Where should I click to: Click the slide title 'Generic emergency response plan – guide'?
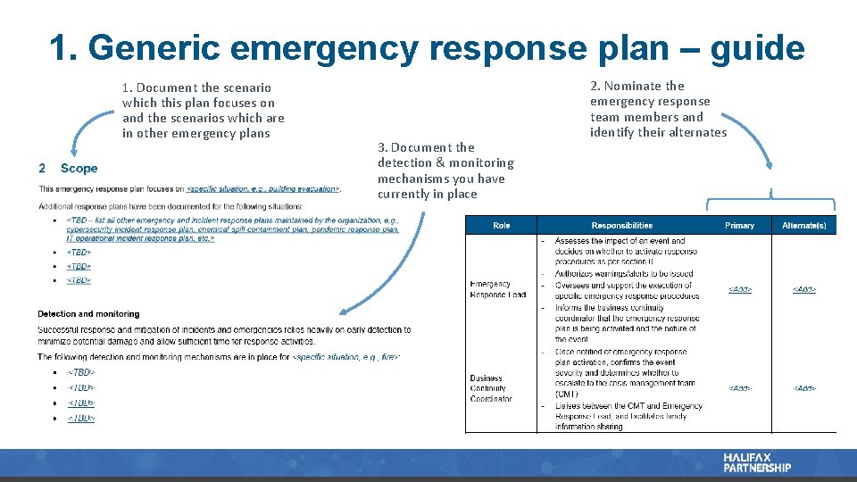[x=428, y=47]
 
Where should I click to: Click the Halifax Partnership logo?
[x=757, y=462]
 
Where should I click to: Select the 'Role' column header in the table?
[x=502, y=226]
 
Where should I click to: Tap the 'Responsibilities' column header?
[x=622, y=226]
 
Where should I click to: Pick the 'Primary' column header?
[x=739, y=226]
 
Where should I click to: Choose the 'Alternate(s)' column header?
[x=803, y=226]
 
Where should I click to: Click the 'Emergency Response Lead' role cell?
[x=498, y=289]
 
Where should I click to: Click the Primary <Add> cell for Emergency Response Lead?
[x=739, y=289]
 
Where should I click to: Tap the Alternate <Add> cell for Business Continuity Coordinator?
[x=803, y=388]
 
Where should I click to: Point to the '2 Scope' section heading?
[x=68, y=168]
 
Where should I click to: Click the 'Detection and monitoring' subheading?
[x=88, y=314]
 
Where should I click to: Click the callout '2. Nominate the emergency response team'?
[x=658, y=109]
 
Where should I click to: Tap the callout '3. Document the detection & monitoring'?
[x=445, y=170]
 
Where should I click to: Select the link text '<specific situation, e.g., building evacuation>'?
[x=263, y=189]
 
